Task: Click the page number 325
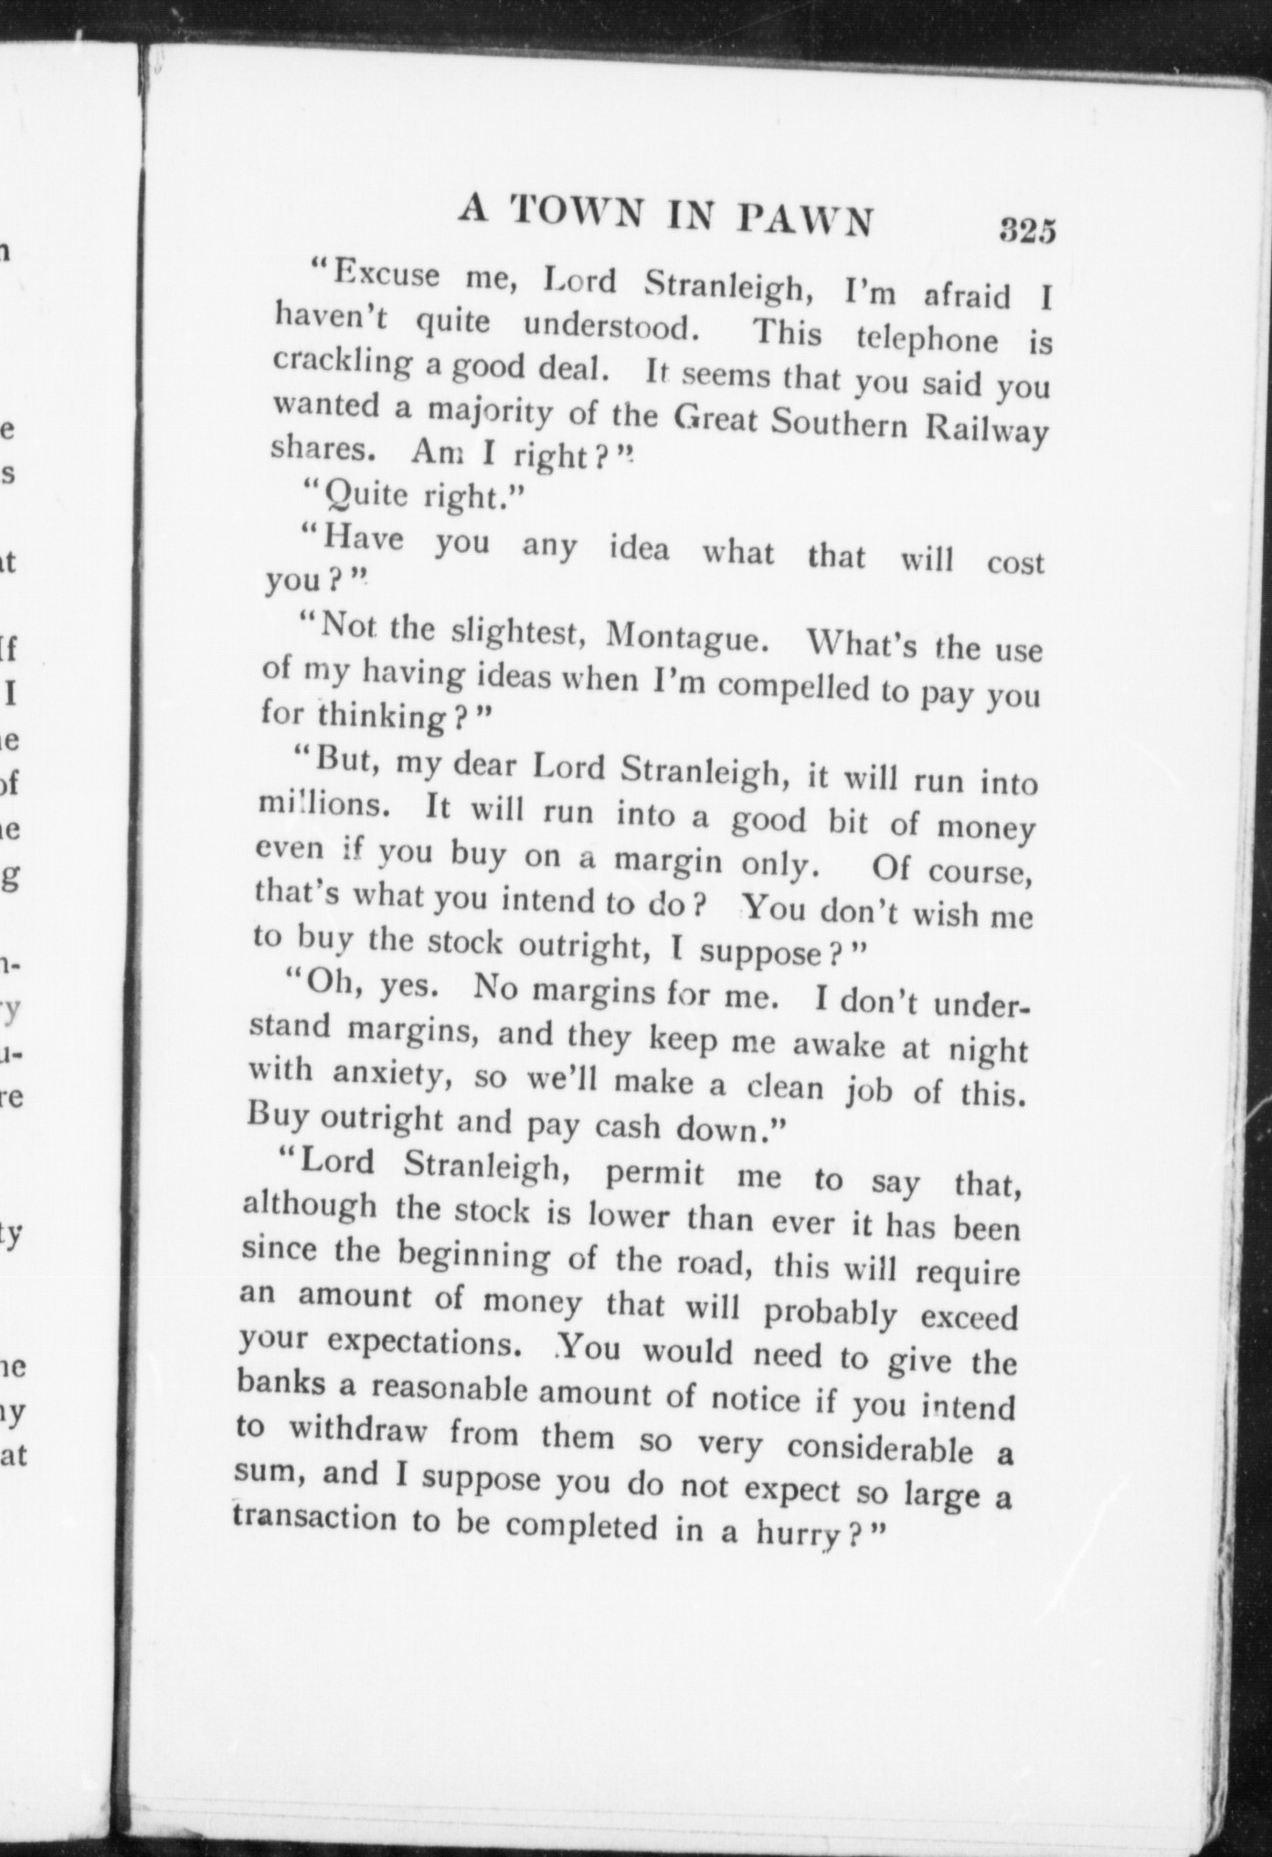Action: coord(1027,229)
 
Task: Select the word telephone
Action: coord(927,339)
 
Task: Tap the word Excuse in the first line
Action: coord(385,273)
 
